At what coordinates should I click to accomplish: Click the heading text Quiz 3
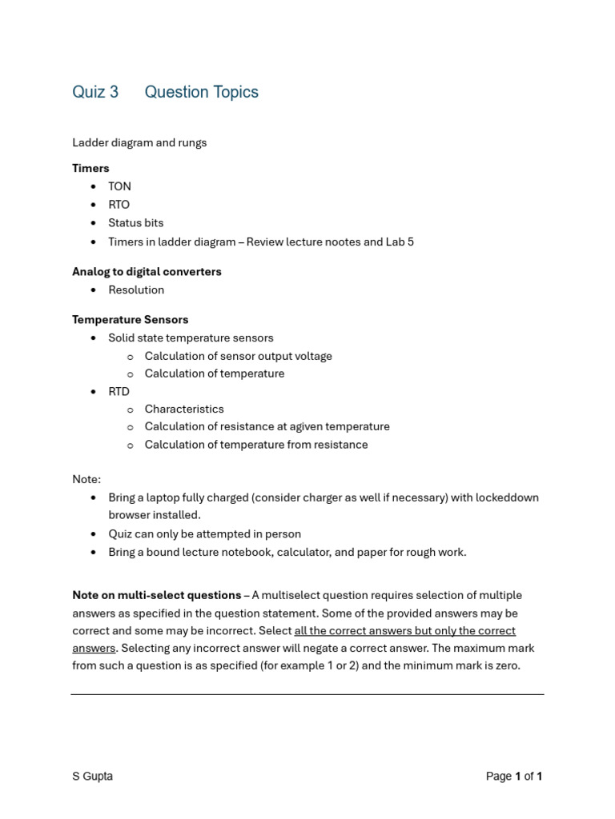coord(95,92)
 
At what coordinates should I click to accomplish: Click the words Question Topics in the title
coord(201,92)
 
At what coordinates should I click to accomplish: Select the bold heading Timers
coord(90,168)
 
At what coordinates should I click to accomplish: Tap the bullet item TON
coord(119,186)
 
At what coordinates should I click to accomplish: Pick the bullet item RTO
coord(119,205)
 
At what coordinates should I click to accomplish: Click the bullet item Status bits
coord(135,223)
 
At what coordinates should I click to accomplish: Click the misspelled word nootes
coord(321,242)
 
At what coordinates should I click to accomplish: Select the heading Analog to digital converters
coord(147,272)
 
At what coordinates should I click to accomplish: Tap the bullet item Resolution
coord(136,290)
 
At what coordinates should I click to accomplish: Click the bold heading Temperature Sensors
coord(130,320)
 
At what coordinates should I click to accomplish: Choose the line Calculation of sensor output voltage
coord(238,356)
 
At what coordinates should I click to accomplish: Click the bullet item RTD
coord(119,391)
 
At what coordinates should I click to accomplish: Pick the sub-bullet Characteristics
coord(184,409)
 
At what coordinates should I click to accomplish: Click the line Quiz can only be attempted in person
coord(204,533)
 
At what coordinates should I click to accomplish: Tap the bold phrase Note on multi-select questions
coord(156,595)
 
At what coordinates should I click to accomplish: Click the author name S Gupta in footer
coord(92,776)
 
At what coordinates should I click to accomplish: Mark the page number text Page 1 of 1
coord(514,776)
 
